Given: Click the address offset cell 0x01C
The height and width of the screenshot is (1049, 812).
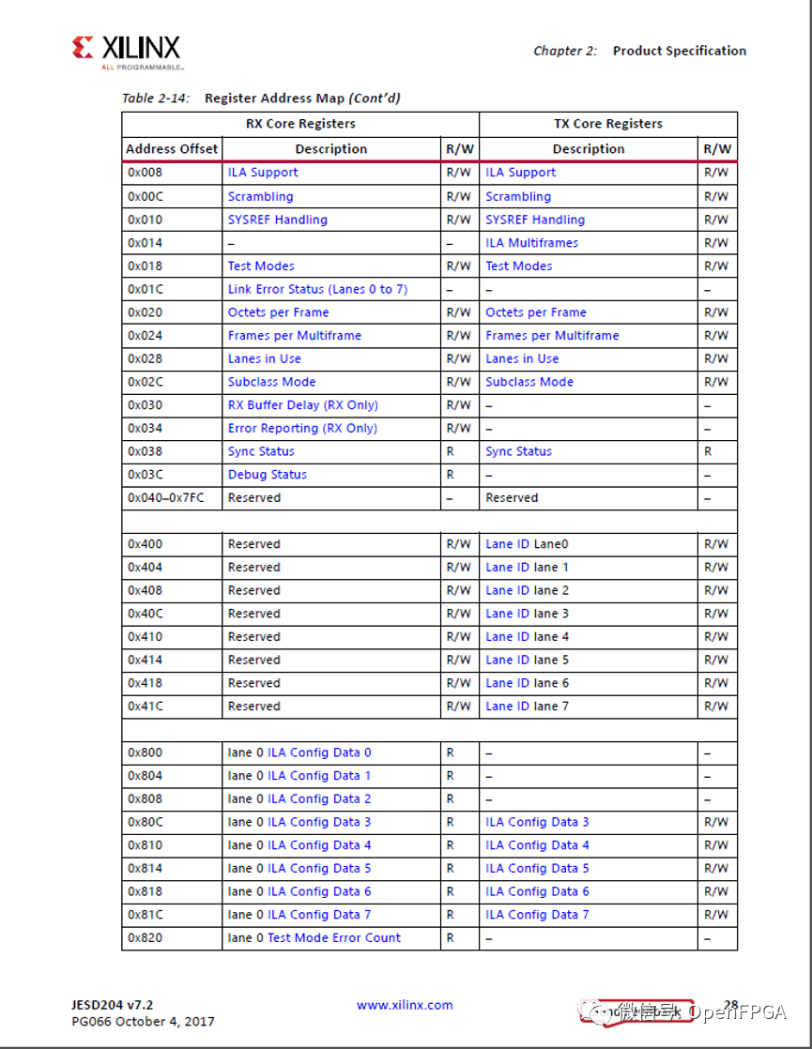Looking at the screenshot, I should tap(145, 290).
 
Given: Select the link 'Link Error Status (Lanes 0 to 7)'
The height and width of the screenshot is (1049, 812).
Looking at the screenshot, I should tap(317, 290).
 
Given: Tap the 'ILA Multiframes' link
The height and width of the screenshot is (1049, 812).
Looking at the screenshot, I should tap(531, 243).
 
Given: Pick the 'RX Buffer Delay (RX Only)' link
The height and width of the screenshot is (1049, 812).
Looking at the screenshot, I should tap(302, 405).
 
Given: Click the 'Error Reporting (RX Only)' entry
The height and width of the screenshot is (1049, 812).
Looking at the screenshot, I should tap(302, 429).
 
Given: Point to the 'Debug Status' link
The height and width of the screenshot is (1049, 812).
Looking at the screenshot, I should tap(267, 475).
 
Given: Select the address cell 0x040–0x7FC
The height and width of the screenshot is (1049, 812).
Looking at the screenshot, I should tap(165, 498).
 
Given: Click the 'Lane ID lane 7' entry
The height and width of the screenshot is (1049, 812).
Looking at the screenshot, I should tap(527, 707).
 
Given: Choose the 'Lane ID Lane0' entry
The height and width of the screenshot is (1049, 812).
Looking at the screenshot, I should tap(527, 544).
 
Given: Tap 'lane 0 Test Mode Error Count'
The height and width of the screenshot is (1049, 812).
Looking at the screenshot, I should tap(314, 938).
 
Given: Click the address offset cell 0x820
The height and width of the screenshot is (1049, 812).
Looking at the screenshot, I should tap(145, 938).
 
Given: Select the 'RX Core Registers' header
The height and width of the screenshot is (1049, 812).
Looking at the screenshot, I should tap(300, 124).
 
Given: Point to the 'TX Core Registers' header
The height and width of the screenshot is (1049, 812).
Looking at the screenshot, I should tap(607, 124).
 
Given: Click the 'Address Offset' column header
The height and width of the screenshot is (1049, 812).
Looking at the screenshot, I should tap(172, 149).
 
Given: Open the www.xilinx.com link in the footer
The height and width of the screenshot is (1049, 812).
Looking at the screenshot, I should tap(405, 1005).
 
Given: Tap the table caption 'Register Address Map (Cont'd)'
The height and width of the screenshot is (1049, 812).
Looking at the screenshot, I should tap(302, 98).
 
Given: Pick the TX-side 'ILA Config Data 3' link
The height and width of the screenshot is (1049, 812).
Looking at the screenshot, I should tap(537, 822).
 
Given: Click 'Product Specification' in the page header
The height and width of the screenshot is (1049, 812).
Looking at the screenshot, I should tap(679, 51).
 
